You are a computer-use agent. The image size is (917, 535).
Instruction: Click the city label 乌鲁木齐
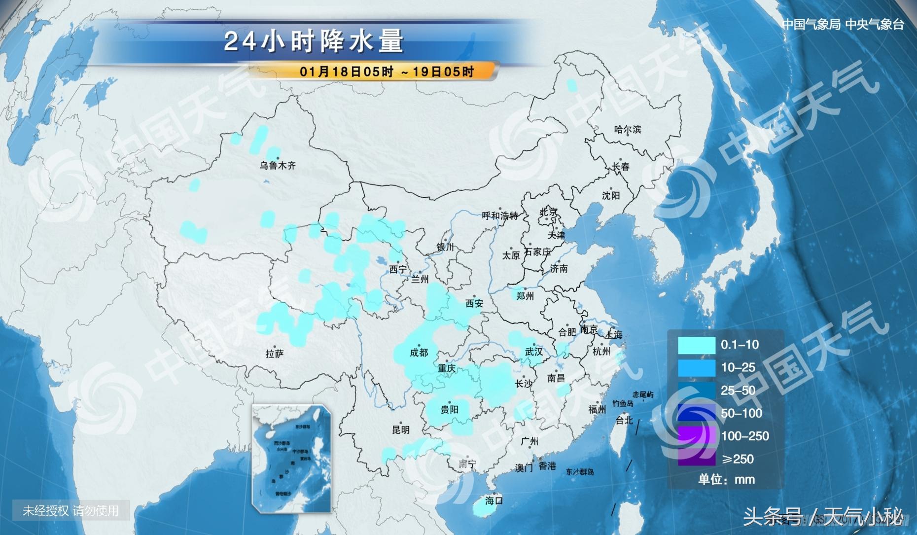(x=278, y=166)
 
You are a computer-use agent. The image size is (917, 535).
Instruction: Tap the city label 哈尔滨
(x=628, y=130)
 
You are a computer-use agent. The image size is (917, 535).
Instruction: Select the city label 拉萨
(x=275, y=354)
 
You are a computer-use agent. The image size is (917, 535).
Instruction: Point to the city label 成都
(x=419, y=353)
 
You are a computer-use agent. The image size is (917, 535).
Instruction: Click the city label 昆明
(x=401, y=429)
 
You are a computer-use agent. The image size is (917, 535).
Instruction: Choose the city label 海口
(x=494, y=500)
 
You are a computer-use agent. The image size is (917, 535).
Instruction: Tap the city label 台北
(x=624, y=420)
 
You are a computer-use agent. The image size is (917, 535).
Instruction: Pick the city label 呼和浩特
(x=500, y=215)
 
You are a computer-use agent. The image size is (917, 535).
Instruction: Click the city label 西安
(x=474, y=304)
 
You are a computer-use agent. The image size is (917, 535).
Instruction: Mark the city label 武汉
(x=534, y=352)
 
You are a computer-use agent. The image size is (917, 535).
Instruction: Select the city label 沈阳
(x=610, y=196)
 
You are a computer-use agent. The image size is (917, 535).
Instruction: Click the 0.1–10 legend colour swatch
(x=696, y=345)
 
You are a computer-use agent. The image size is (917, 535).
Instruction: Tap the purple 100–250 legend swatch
(x=696, y=436)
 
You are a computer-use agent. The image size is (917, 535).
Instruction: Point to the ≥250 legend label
(x=738, y=459)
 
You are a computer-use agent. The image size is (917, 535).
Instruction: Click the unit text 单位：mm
(x=726, y=479)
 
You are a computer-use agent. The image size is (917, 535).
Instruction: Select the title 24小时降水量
(x=314, y=41)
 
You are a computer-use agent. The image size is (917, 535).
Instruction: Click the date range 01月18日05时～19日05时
(x=387, y=71)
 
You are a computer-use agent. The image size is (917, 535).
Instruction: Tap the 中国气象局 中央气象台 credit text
(x=843, y=24)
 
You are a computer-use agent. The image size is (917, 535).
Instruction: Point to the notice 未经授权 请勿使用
(x=71, y=510)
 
